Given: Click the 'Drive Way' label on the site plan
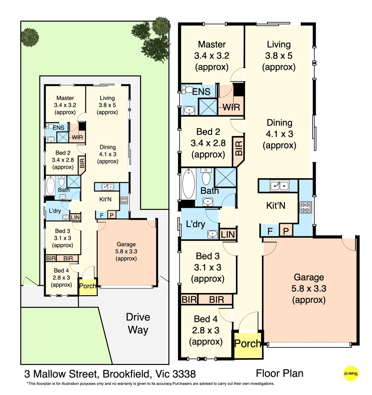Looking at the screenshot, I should point(138,323).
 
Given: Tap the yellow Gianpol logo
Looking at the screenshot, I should point(351,373).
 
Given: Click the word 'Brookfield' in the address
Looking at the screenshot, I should point(125,374).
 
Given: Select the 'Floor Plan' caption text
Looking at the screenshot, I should point(279,373).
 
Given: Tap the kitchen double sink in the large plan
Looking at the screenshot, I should point(279,186).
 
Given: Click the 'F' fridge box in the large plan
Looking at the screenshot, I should point(270,231).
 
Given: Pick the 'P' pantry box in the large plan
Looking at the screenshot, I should point(286,231).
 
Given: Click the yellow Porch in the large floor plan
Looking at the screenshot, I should point(248,345).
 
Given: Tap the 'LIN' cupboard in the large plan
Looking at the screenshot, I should point(228,234).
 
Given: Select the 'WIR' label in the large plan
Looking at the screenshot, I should point(231,107).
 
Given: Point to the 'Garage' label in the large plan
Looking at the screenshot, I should point(309,278).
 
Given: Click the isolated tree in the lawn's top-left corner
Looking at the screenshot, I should point(30,37).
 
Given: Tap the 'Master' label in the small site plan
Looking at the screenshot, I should point(65,98).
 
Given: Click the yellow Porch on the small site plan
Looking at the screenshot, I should point(88,286).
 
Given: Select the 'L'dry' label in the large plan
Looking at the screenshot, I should point(195,224).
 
